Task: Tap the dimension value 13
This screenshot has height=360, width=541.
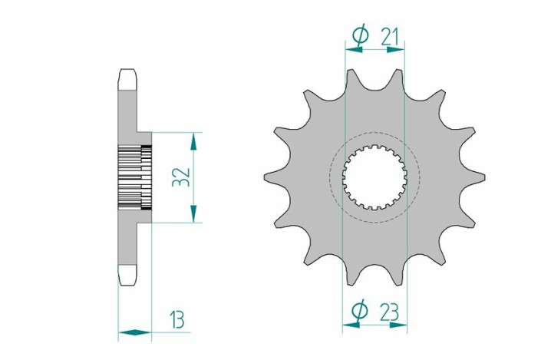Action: (179, 316)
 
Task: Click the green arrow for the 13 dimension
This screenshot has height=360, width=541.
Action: (134, 333)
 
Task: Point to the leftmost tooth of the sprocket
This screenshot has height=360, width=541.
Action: (269, 179)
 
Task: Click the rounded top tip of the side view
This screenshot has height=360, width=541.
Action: (127, 76)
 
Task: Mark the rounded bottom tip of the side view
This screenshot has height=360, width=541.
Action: (127, 276)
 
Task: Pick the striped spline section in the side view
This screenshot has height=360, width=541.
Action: (135, 177)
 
